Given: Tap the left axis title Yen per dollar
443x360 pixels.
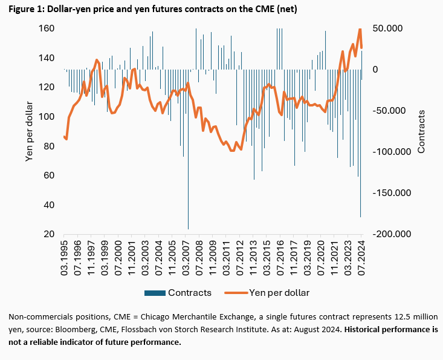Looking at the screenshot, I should click(28, 131).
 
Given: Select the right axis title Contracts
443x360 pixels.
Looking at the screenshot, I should click(422, 131).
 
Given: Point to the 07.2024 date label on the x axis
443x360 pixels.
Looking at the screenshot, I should click(361, 257).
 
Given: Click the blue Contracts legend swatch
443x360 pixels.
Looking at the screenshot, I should click(155, 293).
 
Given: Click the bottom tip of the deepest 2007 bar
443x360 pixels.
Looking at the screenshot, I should click(188, 229).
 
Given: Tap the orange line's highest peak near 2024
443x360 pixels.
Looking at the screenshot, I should click(360, 28).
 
